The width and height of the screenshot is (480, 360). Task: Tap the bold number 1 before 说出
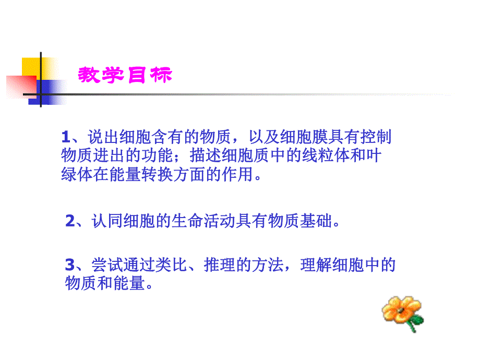[x=65, y=137]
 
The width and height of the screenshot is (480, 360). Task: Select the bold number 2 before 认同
[x=70, y=221]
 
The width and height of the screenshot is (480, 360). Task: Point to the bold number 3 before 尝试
[x=70, y=266]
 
